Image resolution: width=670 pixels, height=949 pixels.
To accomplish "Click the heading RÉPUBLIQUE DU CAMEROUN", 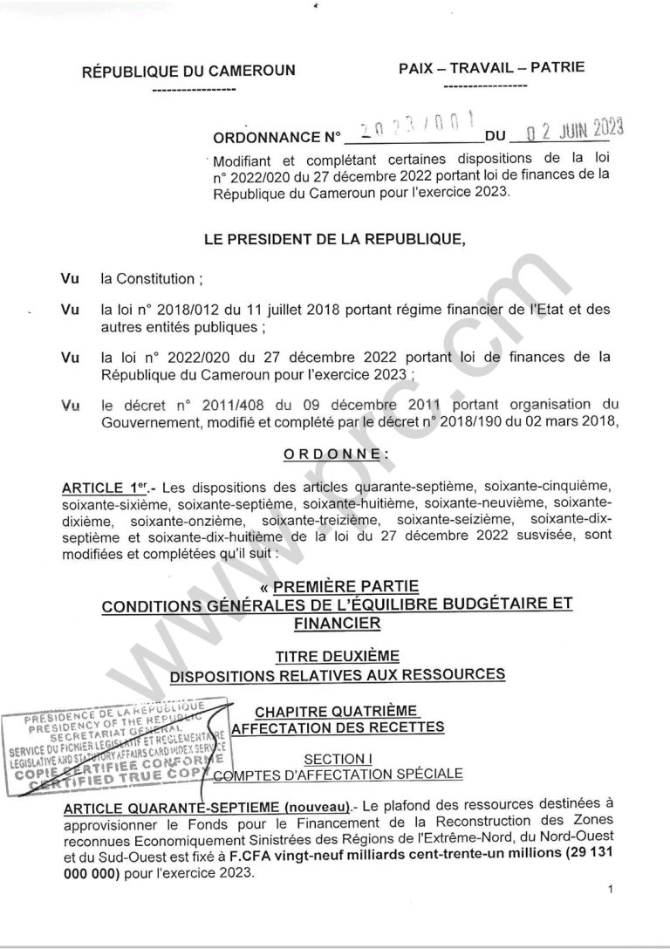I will tap(188, 72).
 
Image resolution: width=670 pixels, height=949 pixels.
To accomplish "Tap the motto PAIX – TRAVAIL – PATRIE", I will tap(491, 67).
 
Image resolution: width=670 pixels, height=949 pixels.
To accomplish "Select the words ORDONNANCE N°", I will tap(277, 138).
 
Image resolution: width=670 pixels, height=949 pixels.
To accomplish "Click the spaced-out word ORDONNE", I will tap(334, 454).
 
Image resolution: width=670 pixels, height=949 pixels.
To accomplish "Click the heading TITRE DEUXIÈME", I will tap(337, 655).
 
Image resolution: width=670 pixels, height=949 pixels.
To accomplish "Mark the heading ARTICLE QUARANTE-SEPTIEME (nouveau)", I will tap(207, 803).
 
